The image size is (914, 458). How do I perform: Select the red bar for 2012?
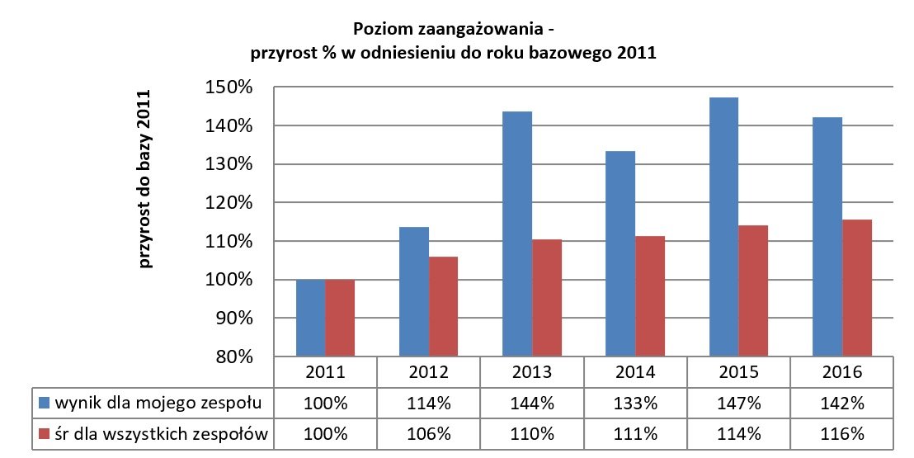(443, 306)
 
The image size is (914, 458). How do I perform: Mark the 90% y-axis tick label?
(234, 319)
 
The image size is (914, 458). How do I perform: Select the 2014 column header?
(635, 372)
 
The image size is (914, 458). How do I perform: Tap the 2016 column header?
(841, 372)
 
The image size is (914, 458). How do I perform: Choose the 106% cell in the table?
(429, 434)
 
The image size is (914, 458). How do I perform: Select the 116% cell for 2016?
(841, 434)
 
